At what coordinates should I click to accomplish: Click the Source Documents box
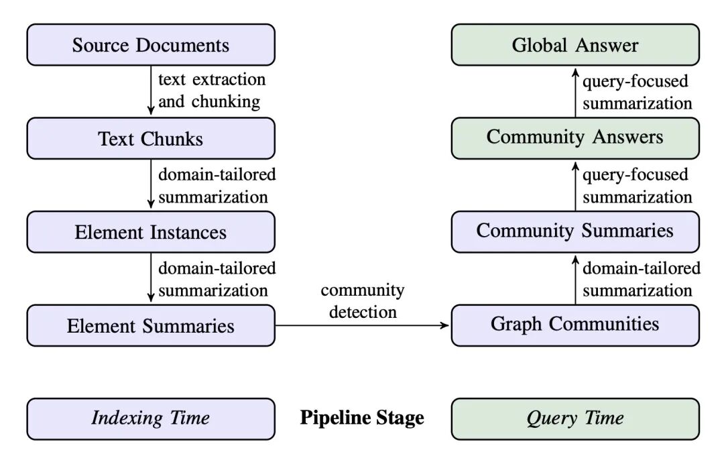(x=151, y=45)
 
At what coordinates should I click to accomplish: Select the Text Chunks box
(x=151, y=139)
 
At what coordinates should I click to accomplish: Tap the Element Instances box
(x=151, y=232)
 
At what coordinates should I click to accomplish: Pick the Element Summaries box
(x=151, y=325)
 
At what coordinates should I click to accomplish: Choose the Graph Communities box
(x=575, y=325)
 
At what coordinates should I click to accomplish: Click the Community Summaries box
(x=575, y=232)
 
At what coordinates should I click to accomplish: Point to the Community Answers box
(x=575, y=139)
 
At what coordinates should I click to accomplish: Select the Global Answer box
(x=575, y=45)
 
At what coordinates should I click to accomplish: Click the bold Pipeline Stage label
(x=362, y=418)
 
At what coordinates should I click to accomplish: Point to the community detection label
(x=363, y=301)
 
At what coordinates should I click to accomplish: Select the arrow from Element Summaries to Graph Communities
(x=363, y=325)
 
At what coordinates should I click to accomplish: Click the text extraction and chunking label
(x=212, y=91)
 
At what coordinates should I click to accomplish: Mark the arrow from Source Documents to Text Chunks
(x=151, y=90)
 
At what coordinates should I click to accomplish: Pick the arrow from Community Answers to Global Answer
(x=575, y=93)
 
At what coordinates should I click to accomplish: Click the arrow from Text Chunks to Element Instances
(x=151, y=184)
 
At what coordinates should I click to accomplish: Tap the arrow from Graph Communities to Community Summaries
(x=575, y=280)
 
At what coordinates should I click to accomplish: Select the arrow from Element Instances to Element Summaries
(x=151, y=277)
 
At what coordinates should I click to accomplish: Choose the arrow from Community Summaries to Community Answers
(x=575, y=186)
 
